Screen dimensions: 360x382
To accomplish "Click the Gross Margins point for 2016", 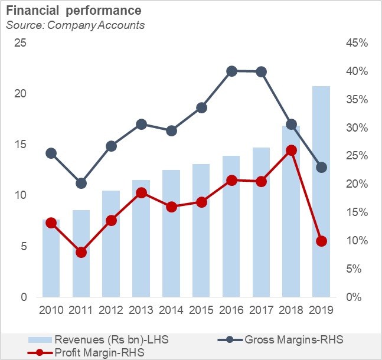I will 231,71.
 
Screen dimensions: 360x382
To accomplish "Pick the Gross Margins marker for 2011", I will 81,184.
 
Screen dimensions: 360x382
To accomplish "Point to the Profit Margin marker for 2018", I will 292,150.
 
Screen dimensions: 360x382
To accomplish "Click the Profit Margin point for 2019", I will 322,241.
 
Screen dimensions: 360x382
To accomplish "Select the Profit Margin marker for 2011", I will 81,252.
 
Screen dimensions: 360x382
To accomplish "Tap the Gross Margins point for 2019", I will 322,168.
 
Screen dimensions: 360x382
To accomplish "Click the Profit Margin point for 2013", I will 142,192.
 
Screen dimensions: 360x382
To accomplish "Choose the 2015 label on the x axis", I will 201,310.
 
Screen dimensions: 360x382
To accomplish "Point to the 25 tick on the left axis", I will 21,43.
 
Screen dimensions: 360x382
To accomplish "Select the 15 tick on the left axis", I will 21,145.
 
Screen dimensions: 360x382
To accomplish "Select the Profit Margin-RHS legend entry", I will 94,352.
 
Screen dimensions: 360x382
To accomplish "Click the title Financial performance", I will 73,11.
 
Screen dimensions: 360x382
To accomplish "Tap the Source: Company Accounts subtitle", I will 75,25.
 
